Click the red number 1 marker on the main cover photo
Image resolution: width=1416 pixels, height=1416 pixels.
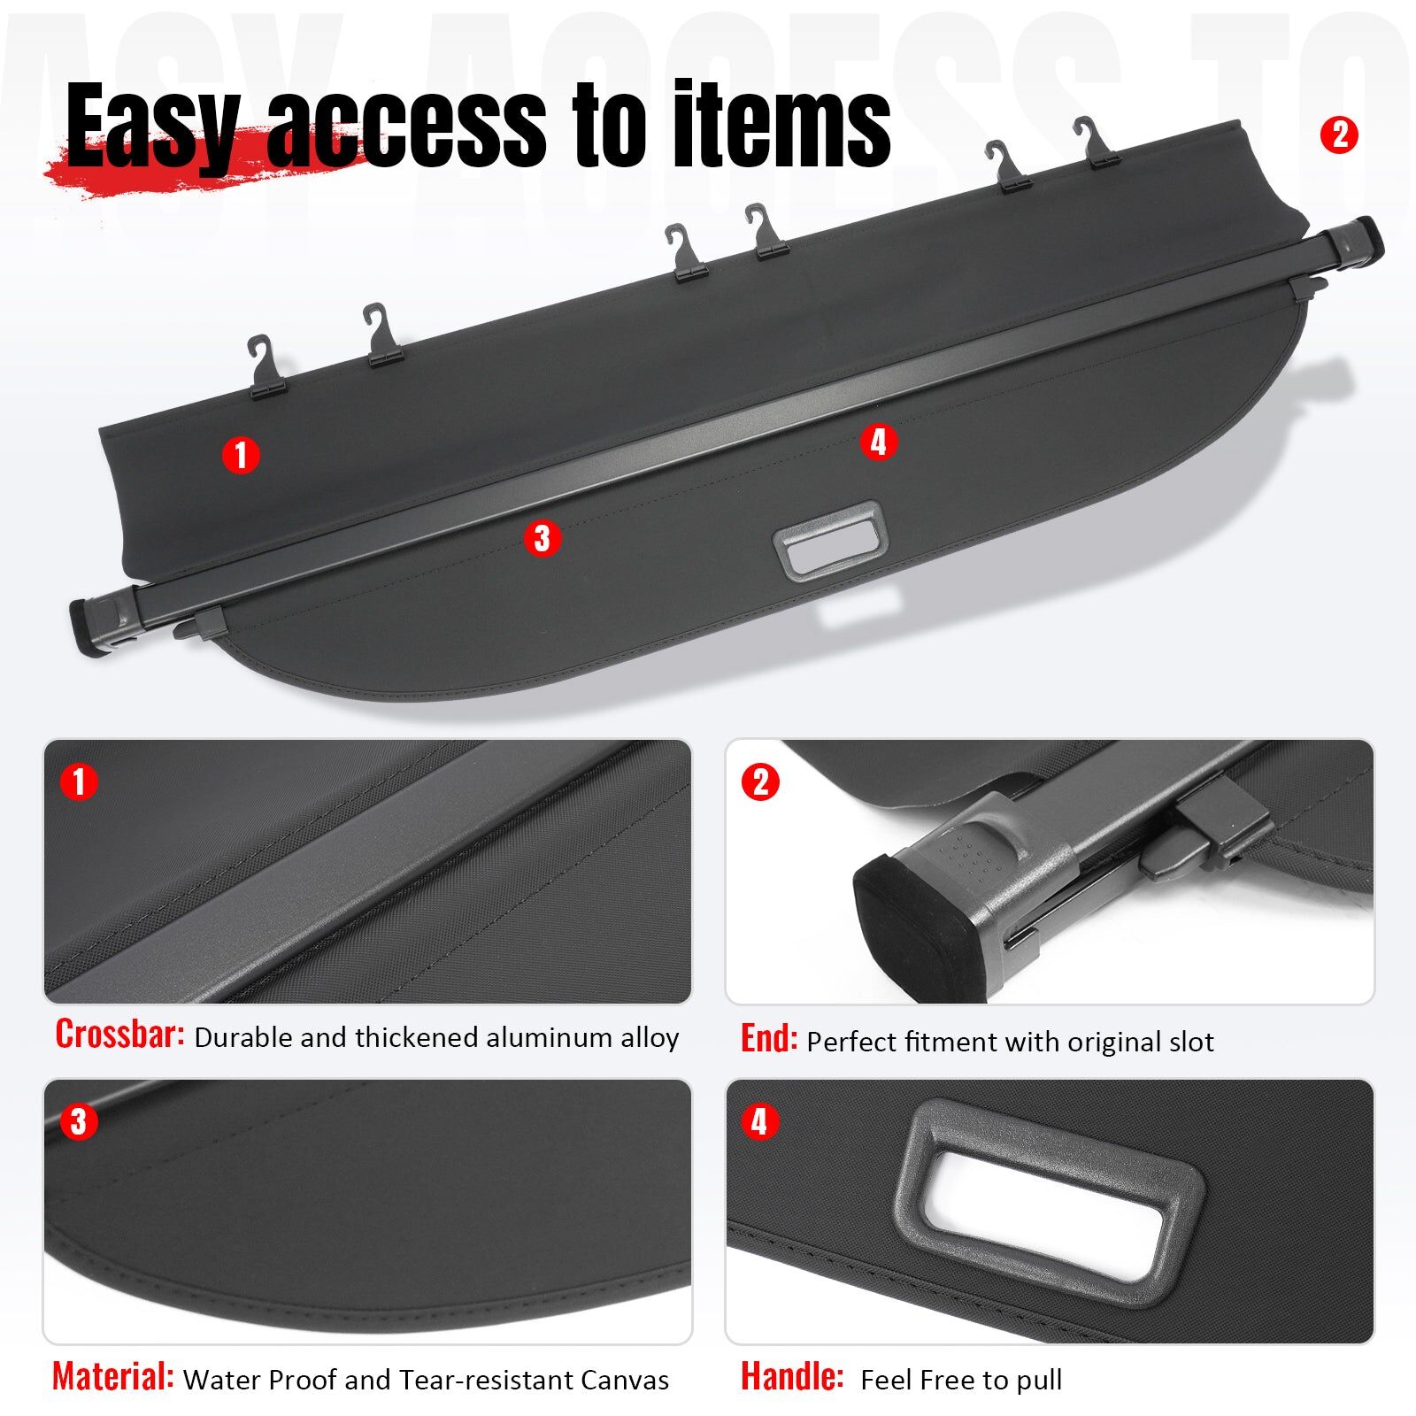coord(240,455)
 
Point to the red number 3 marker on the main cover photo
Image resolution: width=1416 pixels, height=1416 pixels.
coord(542,538)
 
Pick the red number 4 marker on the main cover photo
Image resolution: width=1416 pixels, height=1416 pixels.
coord(878,442)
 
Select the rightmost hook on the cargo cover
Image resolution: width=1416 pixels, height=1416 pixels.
coord(1097,142)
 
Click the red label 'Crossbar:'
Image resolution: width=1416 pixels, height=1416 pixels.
coord(119,1034)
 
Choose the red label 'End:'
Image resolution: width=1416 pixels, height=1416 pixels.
coord(768,1039)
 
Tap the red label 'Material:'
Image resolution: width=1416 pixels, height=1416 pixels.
coord(112,1376)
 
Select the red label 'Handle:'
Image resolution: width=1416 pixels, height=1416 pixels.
coord(792,1376)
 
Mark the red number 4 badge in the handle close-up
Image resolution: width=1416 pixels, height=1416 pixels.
coord(758,1122)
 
